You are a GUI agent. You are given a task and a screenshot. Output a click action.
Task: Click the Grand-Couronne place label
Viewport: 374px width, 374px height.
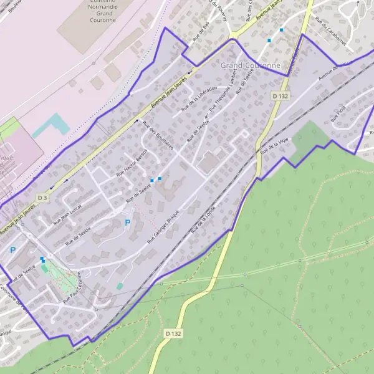click(x=250, y=65)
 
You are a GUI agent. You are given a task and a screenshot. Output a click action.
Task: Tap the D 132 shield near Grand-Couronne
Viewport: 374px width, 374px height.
click(x=280, y=96)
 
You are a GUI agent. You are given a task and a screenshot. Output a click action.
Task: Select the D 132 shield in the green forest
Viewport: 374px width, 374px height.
click(x=174, y=334)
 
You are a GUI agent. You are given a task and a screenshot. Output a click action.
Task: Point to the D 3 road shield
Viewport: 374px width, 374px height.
click(x=42, y=197)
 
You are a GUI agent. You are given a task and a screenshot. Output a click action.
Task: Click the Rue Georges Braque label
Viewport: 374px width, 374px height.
click(x=169, y=228)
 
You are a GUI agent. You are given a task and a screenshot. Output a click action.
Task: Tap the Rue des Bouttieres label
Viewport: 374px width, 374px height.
click(x=158, y=133)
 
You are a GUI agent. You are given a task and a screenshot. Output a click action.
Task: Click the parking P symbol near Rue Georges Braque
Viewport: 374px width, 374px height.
click(x=128, y=223)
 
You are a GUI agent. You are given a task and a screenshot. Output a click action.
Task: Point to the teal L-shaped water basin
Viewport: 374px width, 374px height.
click(x=50, y=125)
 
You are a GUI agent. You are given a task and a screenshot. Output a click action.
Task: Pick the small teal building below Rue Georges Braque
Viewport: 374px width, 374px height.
click(x=120, y=286)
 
